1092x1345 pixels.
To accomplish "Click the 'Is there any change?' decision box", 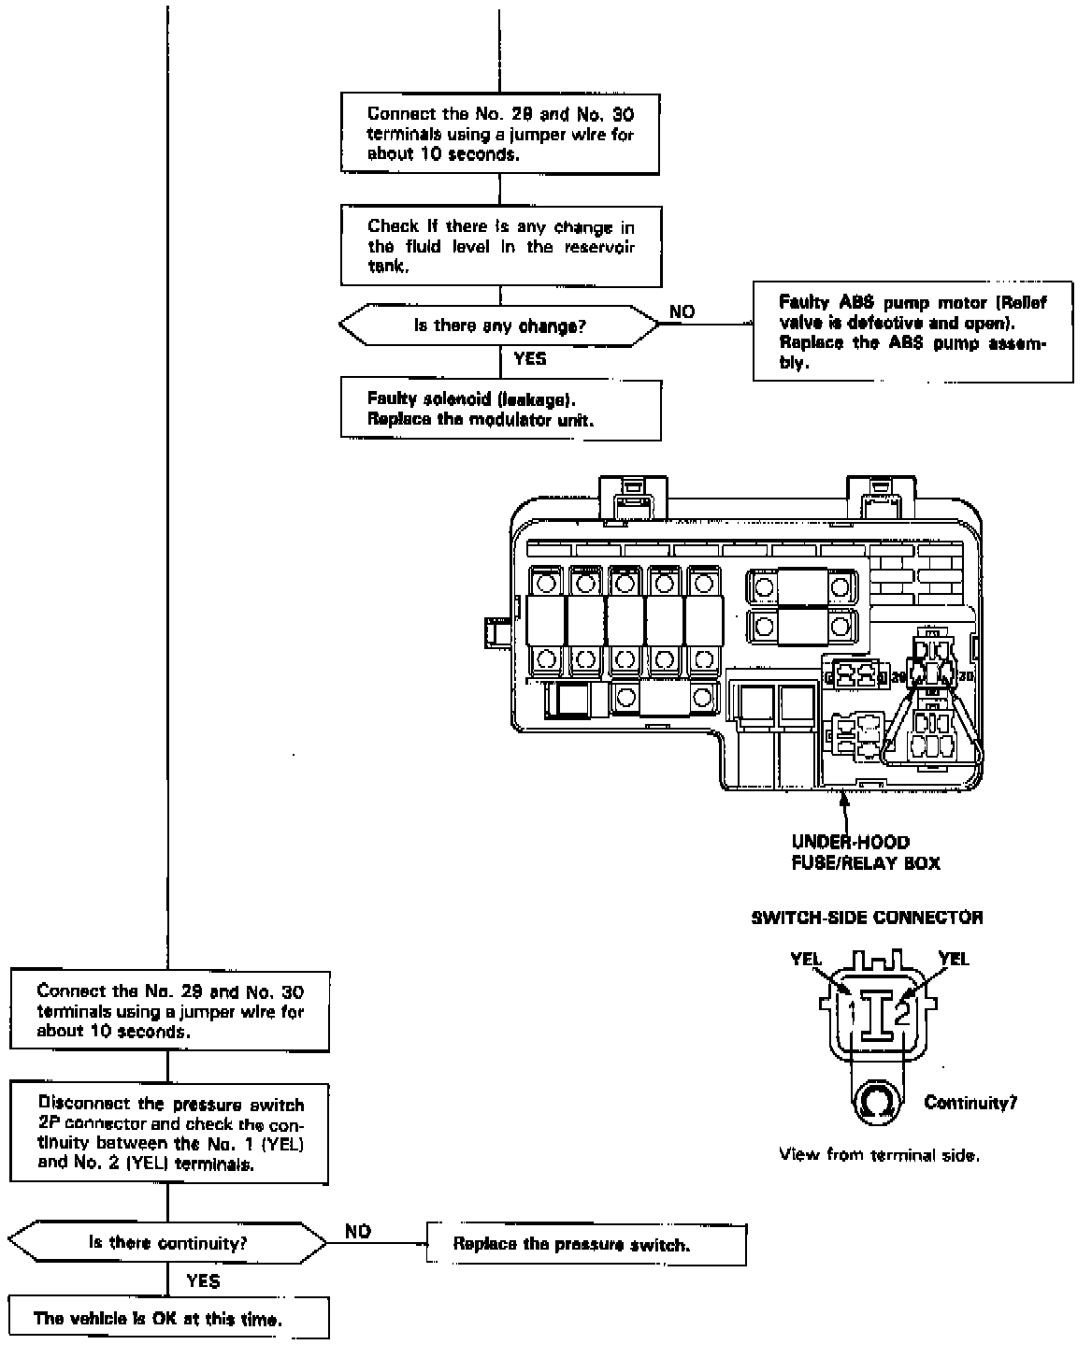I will tap(499, 326).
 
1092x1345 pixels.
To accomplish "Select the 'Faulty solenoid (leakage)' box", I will tap(500, 410).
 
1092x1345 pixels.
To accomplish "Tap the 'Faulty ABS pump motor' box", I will tap(912, 333).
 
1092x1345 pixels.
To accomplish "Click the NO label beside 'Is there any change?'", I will tap(682, 312).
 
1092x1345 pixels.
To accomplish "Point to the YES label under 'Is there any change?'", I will tap(530, 358).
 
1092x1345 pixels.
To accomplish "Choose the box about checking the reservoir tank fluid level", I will tap(500, 247).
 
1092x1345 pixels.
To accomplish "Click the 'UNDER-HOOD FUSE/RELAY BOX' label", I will tap(865, 852).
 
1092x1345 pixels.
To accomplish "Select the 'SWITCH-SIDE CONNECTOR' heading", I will tap(867, 918).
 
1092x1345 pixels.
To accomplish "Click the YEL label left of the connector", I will tap(805, 959).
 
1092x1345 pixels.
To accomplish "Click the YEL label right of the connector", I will tap(954, 959).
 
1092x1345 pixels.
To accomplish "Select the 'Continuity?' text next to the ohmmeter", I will tap(970, 1103).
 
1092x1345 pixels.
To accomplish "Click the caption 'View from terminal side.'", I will tap(879, 1155).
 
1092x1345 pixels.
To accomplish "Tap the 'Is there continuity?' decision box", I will tap(168, 1243).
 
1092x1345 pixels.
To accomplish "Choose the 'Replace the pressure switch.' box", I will tap(585, 1245).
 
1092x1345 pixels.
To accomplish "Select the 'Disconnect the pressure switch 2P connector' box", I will tap(169, 1134).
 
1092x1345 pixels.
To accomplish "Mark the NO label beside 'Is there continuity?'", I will tap(358, 1232).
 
